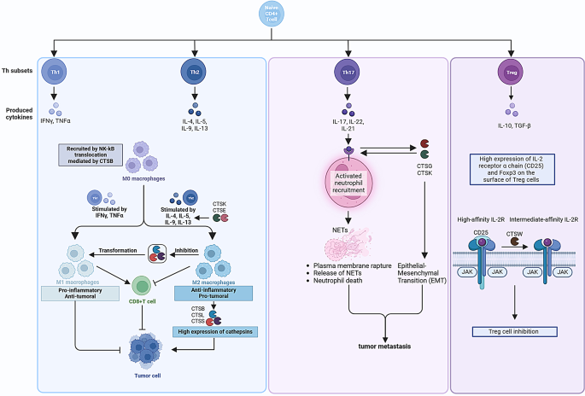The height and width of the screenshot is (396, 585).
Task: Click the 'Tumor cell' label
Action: (x=149, y=373)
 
